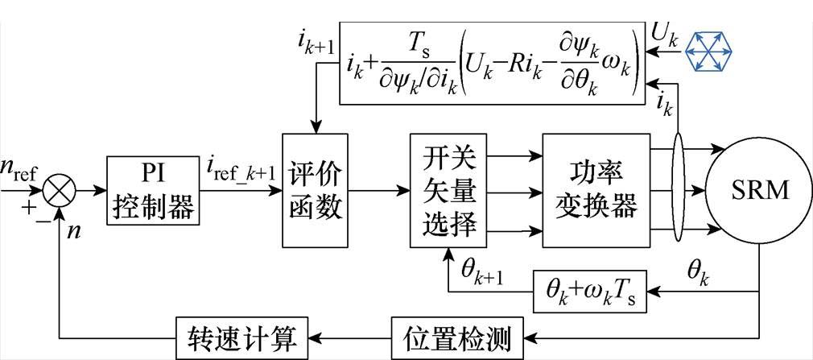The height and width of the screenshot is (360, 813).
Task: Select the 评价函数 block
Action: coord(315,191)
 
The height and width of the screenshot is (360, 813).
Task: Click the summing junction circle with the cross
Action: coord(57,192)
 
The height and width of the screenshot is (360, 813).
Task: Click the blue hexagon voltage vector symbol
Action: coord(709,52)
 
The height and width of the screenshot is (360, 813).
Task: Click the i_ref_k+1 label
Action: coord(239,170)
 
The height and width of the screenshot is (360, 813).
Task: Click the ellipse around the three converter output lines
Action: coord(677,191)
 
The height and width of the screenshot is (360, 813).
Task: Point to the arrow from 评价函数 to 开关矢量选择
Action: coord(378,192)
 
